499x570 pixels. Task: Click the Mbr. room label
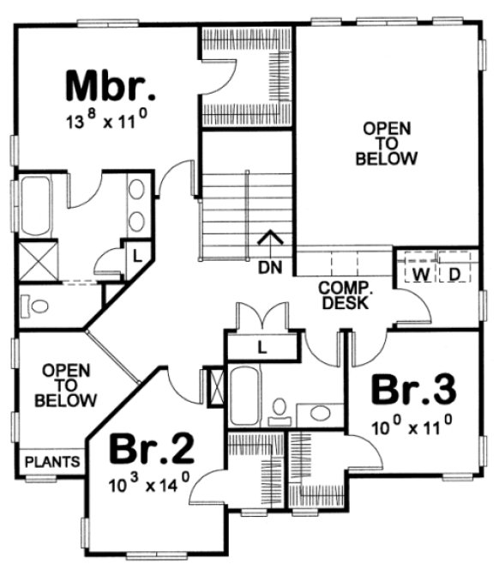point(111,86)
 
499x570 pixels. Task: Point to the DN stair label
point(270,268)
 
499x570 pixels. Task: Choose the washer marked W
point(420,273)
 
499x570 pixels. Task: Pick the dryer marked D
point(455,273)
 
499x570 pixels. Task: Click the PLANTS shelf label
point(52,462)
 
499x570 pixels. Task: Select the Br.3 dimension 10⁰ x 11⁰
point(412,424)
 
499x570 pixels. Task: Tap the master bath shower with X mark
point(38,260)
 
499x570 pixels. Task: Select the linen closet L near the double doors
point(262,346)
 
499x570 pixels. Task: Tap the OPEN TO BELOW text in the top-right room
point(388,143)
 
